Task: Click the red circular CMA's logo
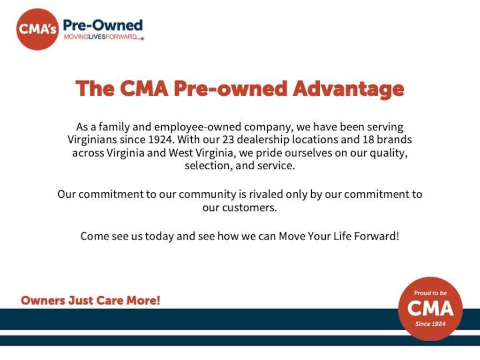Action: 37,30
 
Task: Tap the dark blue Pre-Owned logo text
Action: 103,25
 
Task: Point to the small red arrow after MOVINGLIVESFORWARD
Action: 140,38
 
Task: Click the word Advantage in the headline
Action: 348,89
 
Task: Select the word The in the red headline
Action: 95,88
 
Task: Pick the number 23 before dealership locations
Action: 228,140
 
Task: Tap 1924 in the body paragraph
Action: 161,140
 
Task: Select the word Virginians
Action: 92,140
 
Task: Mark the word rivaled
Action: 266,194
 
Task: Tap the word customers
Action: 249,208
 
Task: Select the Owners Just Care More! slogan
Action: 90,300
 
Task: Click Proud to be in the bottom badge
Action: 430,293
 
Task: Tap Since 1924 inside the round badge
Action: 430,324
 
